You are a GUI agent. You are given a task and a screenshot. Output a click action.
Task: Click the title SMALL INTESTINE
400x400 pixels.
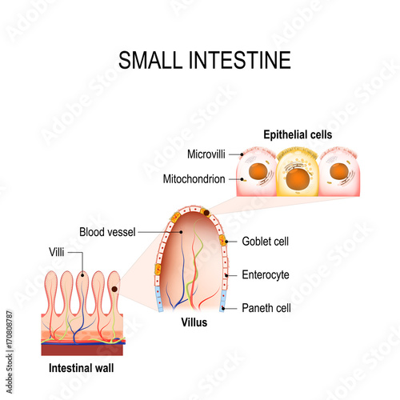[x=205, y=60]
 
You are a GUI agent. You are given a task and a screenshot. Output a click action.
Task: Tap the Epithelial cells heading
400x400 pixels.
[x=298, y=134]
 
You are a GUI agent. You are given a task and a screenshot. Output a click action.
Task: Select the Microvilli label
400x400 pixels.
[x=206, y=154]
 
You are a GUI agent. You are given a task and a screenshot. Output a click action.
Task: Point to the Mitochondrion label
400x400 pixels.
[x=194, y=179]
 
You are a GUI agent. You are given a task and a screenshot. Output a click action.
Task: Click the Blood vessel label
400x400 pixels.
[x=107, y=232]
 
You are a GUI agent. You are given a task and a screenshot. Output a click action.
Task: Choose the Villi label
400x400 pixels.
[x=57, y=252]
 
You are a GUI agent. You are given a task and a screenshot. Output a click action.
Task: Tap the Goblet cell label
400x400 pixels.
[x=265, y=242]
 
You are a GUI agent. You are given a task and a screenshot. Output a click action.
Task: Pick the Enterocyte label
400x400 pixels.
[x=266, y=275]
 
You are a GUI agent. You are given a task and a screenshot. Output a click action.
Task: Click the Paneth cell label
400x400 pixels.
[x=266, y=308]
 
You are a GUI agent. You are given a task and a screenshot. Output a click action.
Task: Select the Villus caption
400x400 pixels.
[x=194, y=322]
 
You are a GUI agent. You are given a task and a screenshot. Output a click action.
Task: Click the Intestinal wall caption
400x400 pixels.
[x=81, y=368]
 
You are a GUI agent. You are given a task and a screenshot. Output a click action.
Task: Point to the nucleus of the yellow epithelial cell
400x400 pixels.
[x=298, y=178]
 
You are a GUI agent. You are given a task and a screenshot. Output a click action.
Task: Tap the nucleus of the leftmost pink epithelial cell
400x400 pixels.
[x=258, y=171]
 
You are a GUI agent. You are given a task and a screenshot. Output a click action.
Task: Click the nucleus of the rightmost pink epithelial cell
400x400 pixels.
[x=339, y=171]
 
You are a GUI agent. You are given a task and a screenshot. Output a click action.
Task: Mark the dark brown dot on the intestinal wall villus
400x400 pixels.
[x=114, y=289]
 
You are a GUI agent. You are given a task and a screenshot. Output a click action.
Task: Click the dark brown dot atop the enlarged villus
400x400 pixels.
[x=206, y=213]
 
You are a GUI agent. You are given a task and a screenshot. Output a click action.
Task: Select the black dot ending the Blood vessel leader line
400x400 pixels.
[x=181, y=232]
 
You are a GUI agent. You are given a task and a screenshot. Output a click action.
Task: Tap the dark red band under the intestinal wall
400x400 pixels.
[x=82, y=350]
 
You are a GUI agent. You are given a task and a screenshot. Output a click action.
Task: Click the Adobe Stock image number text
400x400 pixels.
[x=10, y=352]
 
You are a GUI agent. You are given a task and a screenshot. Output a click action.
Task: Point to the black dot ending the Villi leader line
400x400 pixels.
[x=82, y=275]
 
